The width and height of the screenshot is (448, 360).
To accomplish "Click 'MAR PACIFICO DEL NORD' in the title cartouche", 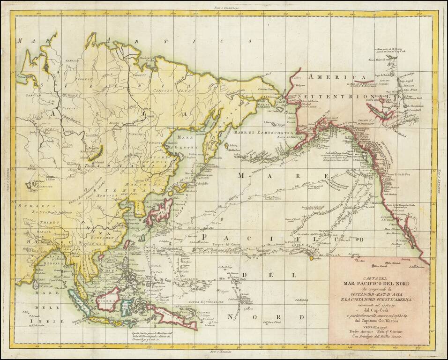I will pyautogui.click(x=376, y=283).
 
